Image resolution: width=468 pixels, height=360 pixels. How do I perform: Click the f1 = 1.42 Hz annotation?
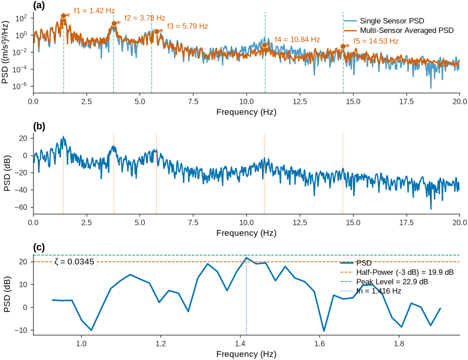[94, 11]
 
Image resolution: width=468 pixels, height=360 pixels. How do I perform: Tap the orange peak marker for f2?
[114, 24]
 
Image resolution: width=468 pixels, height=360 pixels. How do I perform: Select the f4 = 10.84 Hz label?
[297, 39]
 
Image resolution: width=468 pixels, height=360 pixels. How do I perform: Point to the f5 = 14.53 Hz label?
[376, 41]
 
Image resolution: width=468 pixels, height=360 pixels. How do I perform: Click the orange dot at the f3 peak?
[157, 31]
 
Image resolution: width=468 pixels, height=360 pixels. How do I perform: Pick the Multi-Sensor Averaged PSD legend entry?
[398, 30]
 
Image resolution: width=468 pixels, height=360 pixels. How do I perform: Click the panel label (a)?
[39, 6]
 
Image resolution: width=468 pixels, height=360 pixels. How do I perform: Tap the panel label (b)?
[39, 126]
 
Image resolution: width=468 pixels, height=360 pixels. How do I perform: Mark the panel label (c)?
[39, 247]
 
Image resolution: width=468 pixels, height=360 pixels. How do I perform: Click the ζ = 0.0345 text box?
[74, 262]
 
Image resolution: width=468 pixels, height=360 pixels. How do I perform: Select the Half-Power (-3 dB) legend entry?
[397, 272]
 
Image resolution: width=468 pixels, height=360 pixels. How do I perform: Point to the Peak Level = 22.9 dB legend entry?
[385, 282]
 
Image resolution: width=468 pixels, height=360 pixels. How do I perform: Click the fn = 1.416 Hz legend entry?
[371, 291]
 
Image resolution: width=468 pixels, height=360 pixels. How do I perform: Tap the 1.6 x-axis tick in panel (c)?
[319, 343]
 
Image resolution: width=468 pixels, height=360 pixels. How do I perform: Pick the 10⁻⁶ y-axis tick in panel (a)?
[20, 87]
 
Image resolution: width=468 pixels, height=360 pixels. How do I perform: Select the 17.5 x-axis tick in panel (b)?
[407, 222]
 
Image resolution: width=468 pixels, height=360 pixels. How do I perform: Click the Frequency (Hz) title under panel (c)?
[246, 354]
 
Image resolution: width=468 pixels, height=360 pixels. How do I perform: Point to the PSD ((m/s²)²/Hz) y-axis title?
[5, 52]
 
